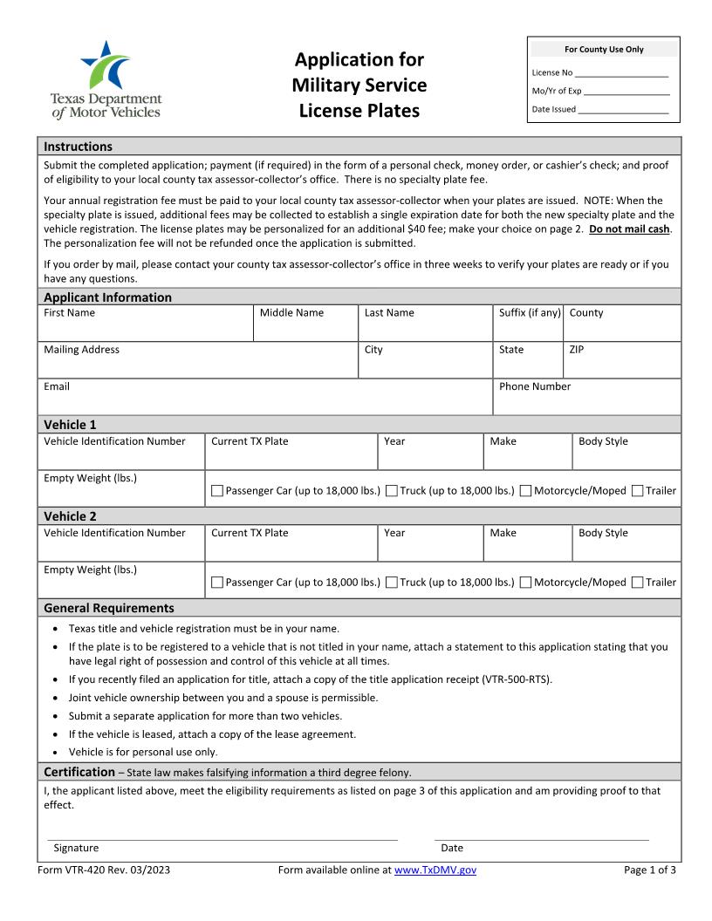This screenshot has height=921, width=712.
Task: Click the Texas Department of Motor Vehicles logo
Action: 106,79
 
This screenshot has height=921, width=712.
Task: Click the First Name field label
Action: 70,313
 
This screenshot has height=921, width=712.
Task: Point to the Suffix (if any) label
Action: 530,313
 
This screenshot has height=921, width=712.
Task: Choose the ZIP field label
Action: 577,350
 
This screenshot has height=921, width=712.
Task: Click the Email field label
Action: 57,386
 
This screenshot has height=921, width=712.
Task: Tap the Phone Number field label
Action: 535,386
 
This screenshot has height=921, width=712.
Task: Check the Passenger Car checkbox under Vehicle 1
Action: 217,491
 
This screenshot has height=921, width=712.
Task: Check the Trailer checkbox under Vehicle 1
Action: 637,491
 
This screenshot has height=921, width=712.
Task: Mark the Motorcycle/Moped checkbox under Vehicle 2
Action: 525,583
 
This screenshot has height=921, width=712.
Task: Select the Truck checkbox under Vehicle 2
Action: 391,583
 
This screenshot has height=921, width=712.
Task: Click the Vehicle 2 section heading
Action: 71,516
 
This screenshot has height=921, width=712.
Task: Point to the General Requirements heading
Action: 109,608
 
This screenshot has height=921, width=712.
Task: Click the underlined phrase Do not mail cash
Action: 629,229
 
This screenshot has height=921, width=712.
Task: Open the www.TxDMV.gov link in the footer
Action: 435,870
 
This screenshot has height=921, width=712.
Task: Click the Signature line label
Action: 76,848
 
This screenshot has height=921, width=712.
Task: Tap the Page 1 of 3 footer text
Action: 650,870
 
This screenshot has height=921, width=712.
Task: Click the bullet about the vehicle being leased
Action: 212,734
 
